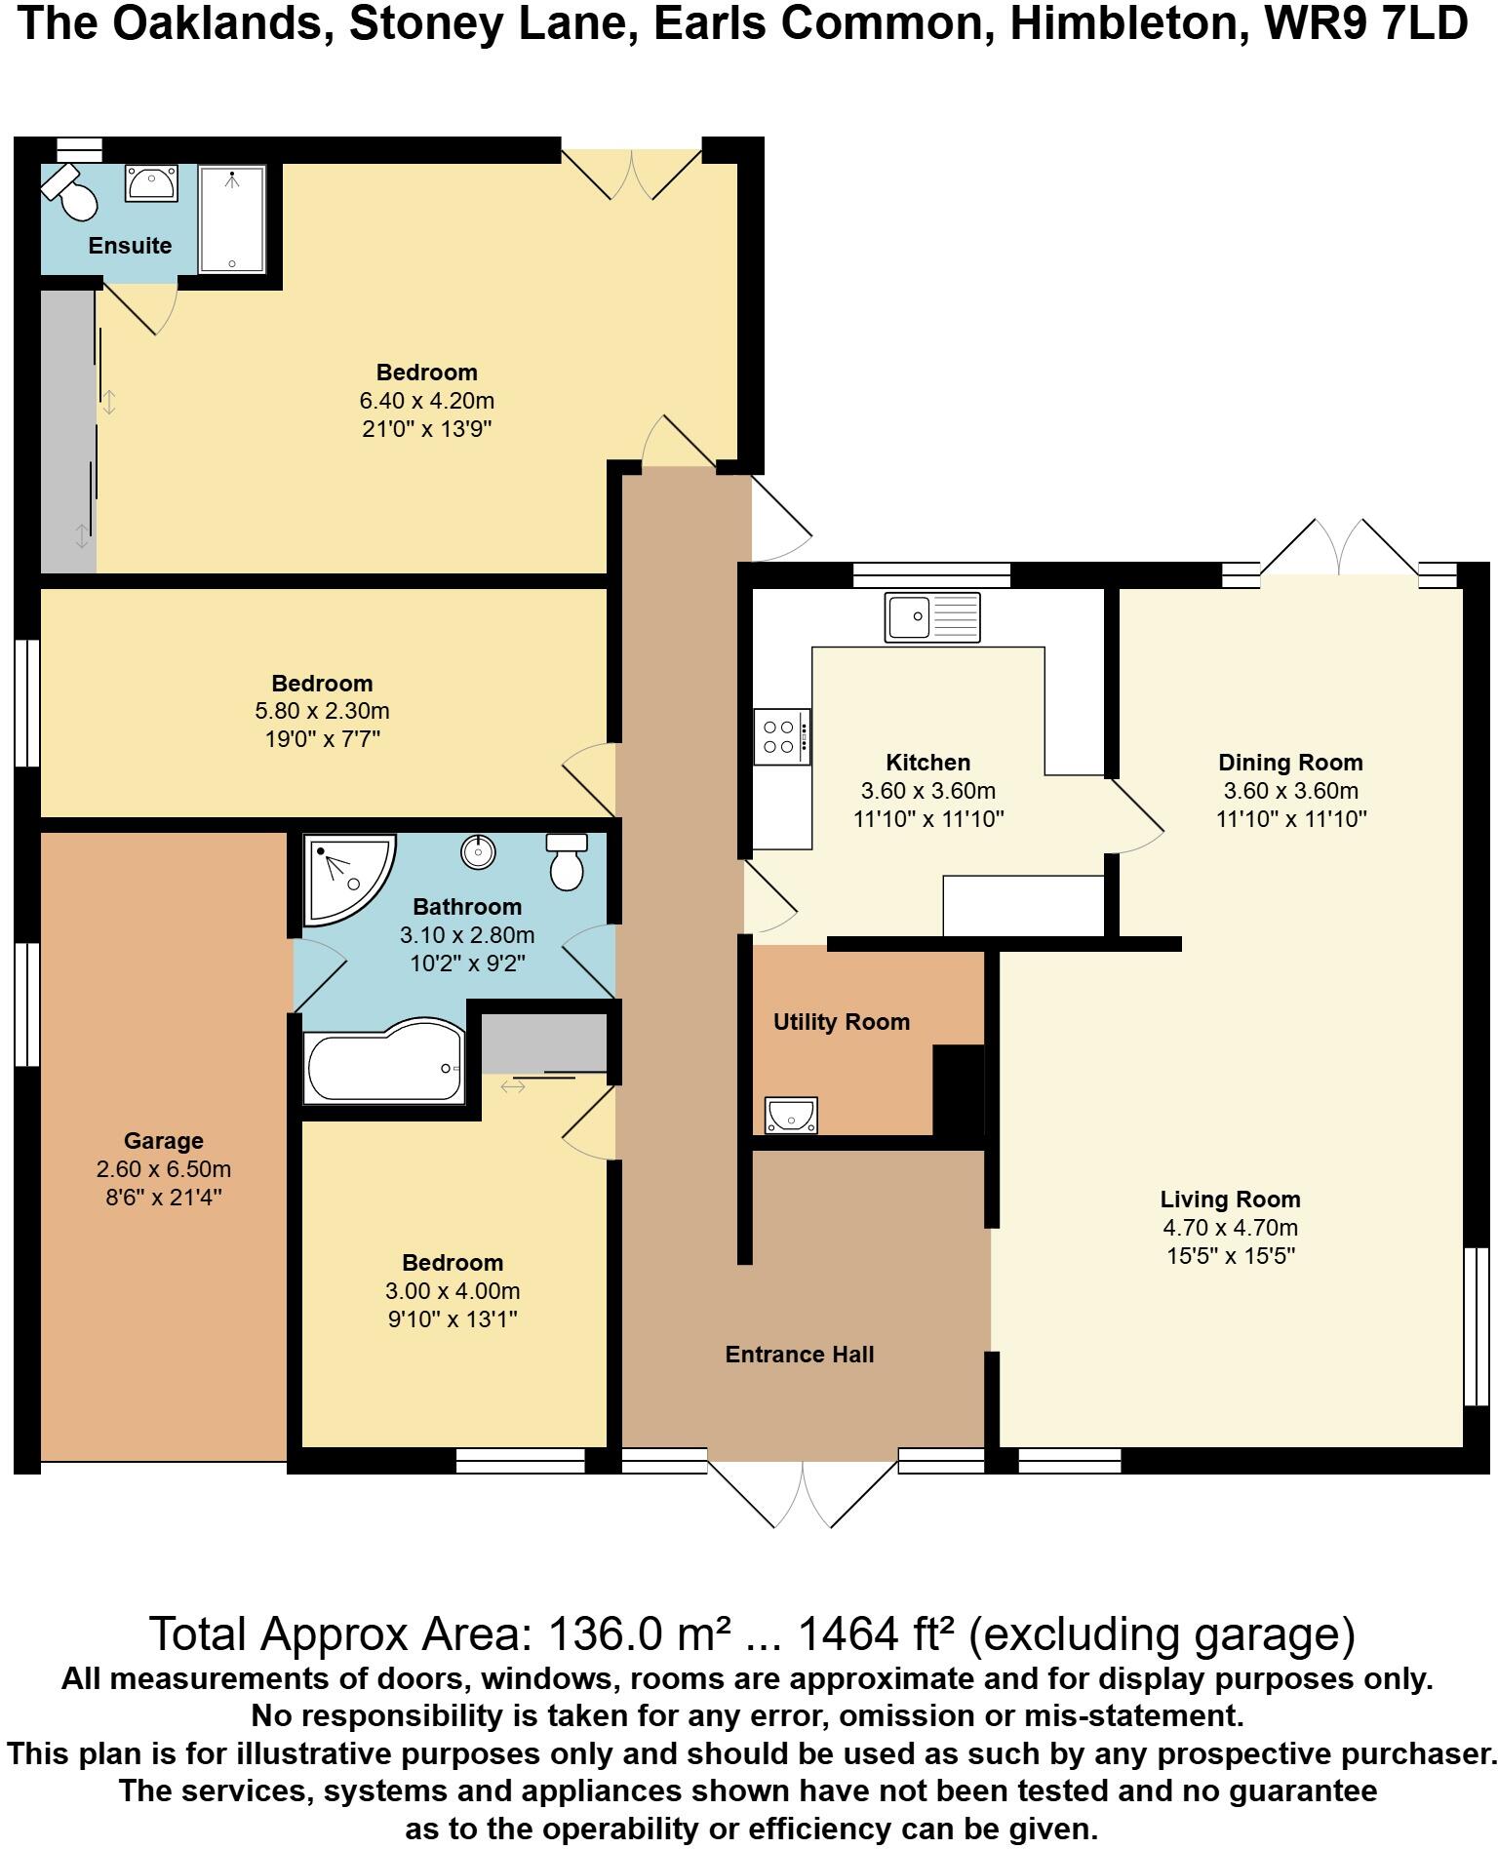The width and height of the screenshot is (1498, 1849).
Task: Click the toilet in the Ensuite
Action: pos(70,193)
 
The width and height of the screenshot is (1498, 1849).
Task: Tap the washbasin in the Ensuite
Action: pos(151,183)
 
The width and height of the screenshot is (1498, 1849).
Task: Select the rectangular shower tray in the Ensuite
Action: pos(232,219)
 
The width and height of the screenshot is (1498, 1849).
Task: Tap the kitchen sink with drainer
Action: pos(931,617)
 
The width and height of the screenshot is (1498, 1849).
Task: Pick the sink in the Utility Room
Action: pos(791,1115)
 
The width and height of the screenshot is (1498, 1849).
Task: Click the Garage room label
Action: pos(164,1141)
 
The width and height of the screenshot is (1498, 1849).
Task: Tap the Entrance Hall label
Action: pos(799,1355)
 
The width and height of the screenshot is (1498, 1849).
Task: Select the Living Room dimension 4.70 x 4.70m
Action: pos(1230,1228)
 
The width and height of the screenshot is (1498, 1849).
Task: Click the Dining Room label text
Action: pos(1290,763)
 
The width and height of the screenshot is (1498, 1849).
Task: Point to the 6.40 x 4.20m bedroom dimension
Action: pos(427,401)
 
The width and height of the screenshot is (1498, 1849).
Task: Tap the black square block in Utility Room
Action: pos(959,1090)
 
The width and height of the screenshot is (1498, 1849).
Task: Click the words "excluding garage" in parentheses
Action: pos(1162,1633)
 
